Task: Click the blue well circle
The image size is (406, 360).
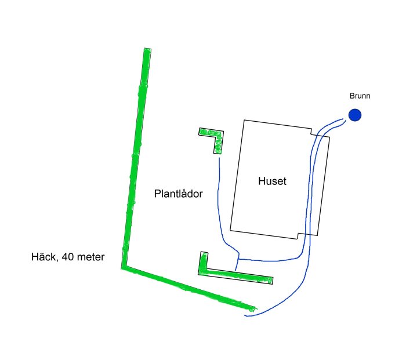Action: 355,115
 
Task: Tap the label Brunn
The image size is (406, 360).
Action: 360,96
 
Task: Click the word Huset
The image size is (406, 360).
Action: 272,181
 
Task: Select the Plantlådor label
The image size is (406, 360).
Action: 178,194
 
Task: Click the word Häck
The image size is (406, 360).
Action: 43,257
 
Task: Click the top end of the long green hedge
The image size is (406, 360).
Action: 147,49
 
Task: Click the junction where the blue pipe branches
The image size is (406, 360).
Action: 238,259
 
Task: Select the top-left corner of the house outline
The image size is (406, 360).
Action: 244,120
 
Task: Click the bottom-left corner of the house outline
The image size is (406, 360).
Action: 230,230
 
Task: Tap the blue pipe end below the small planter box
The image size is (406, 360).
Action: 219,158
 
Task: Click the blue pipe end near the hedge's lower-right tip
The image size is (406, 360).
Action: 245,315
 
